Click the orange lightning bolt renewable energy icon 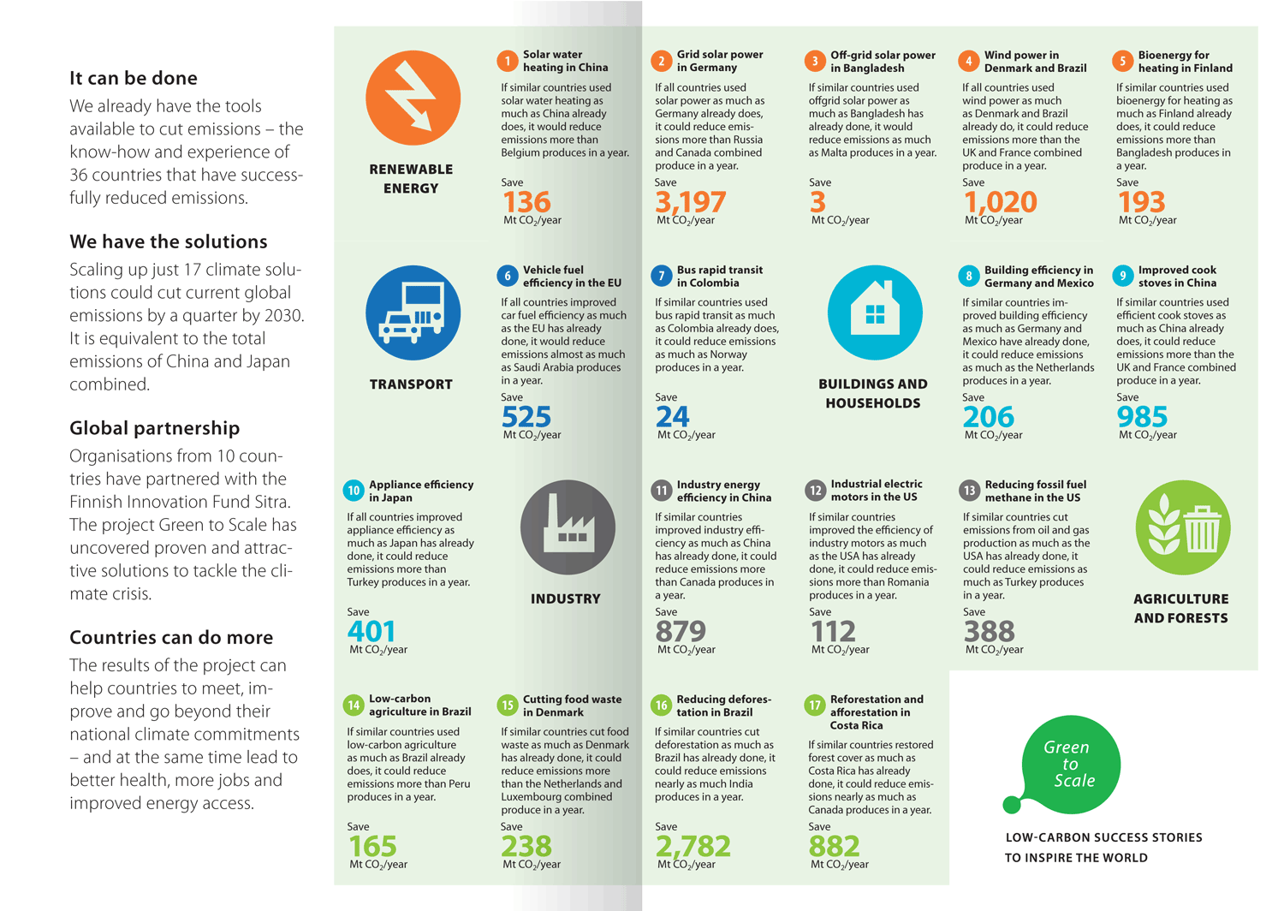point(413,98)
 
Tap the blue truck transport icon point(413,313)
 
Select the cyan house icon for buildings point(875,313)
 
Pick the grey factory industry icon point(568,527)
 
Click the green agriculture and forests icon point(1182,527)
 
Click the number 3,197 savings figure point(690,202)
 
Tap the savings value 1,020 point(1000,202)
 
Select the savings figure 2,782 point(693,846)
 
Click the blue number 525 point(526,417)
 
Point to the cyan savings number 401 point(372,631)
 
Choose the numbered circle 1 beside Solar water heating point(508,61)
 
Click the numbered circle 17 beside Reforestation point(815,706)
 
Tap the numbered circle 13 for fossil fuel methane point(969,491)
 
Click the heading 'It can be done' point(134,78)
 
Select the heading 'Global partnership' point(155,428)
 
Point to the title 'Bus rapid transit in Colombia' point(719,276)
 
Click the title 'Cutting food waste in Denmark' point(572,706)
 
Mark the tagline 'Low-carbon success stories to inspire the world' point(1103,848)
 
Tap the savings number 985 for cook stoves point(1142,417)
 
